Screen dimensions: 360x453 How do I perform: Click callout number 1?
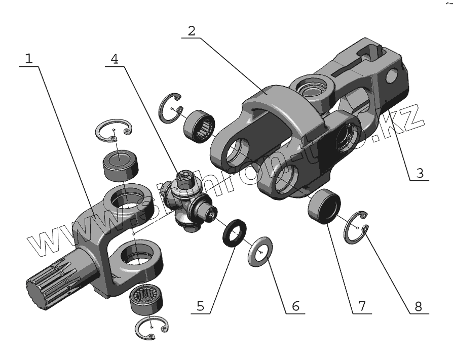29,58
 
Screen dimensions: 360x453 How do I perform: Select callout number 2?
191,30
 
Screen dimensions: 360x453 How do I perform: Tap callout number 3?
419,172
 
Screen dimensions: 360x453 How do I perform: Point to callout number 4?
115,58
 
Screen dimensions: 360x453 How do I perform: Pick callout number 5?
200,306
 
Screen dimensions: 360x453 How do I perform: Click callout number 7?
362,306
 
